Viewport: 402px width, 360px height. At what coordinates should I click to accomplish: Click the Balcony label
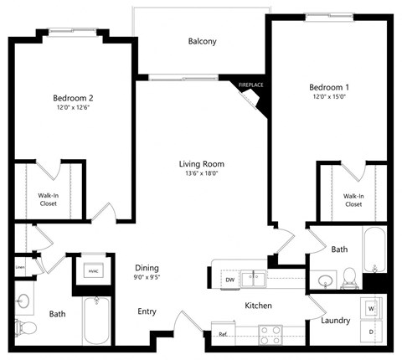coord(203,41)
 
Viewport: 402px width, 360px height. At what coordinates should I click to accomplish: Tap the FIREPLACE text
coord(251,85)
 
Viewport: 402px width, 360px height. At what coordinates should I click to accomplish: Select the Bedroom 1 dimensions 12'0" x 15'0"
coord(327,98)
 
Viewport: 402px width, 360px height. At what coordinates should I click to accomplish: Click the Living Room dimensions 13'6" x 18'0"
coord(202,175)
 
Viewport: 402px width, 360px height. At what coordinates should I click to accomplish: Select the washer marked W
coord(369,308)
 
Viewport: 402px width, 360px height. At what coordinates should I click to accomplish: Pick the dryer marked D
coord(369,332)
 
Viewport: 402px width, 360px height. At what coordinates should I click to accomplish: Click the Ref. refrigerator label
coord(223,334)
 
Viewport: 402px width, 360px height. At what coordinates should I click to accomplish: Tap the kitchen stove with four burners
coord(270,334)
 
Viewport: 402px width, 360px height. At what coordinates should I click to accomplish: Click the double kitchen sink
coord(254,278)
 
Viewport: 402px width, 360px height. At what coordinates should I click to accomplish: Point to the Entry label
coord(147,311)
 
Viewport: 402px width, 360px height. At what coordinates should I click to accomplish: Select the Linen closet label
coord(20,268)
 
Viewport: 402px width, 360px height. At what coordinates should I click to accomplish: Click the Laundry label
coord(336,321)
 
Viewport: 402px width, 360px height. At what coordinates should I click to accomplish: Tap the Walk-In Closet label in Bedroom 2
coord(49,199)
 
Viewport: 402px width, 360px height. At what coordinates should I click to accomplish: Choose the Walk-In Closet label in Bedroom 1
coord(353,200)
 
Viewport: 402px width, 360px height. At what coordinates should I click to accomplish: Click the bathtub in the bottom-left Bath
coord(97,321)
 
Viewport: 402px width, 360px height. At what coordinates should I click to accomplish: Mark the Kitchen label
coord(258,306)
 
